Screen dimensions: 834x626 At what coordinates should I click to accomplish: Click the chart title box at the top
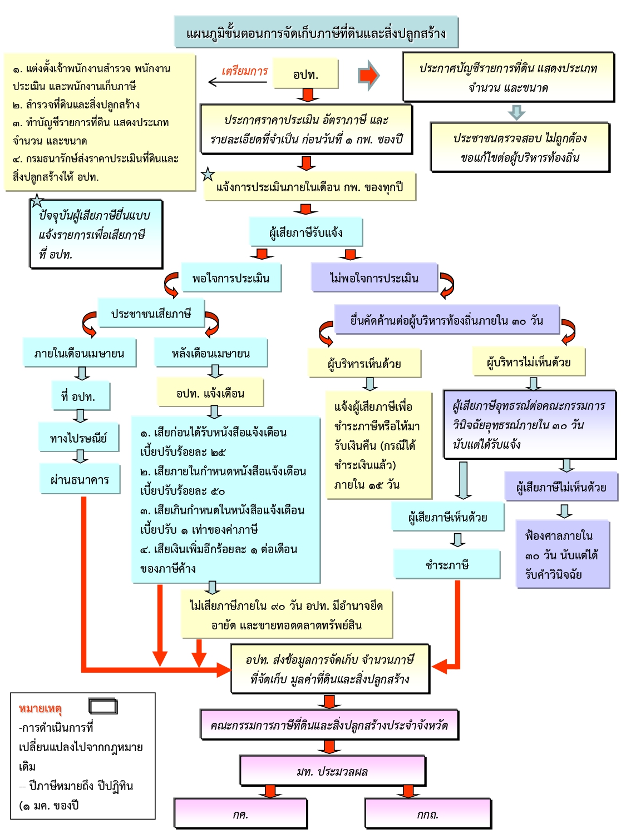click(x=316, y=32)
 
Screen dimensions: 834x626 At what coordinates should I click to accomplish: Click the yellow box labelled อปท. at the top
click(x=305, y=73)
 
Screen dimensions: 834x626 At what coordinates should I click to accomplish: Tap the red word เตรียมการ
click(x=245, y=71)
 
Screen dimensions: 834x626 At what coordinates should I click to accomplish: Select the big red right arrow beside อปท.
click(x=369, y=75)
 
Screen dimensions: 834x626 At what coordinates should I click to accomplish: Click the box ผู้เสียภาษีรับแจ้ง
click(x=306, y=232)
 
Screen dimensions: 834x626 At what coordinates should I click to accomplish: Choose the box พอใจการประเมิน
click(x=231, y=278)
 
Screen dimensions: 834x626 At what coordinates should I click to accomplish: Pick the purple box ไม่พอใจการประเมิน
click(x=374, y=278)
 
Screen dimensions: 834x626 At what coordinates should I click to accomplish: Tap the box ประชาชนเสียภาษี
click(x=151, y=314)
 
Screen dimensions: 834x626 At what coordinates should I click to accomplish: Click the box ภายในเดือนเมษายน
click(x=80, y=353)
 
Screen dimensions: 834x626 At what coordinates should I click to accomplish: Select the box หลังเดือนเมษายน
click(x=211, y=353)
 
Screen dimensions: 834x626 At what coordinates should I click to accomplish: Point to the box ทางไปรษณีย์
click(x=79, y=438)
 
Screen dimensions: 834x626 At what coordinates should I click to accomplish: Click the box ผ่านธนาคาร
click(x=80, y=479)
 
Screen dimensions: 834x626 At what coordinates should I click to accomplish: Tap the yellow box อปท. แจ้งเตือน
click(x=210, y=393)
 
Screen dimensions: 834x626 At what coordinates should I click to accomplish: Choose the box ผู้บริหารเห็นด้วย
click(x=364, y=364)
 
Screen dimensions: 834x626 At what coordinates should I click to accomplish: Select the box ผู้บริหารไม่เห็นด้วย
click(x=529, y=362)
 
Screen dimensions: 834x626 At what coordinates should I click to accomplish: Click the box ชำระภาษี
click(x=447, y=564)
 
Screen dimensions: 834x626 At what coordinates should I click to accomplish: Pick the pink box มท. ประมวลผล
click(x=332, y=771)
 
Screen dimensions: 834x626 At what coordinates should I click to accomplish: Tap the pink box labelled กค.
click(x=240, y=814)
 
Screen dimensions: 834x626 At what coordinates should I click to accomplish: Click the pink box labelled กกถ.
click(x=428, y=814)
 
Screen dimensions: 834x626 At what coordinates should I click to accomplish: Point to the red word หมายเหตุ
click(x=40, y=708)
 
